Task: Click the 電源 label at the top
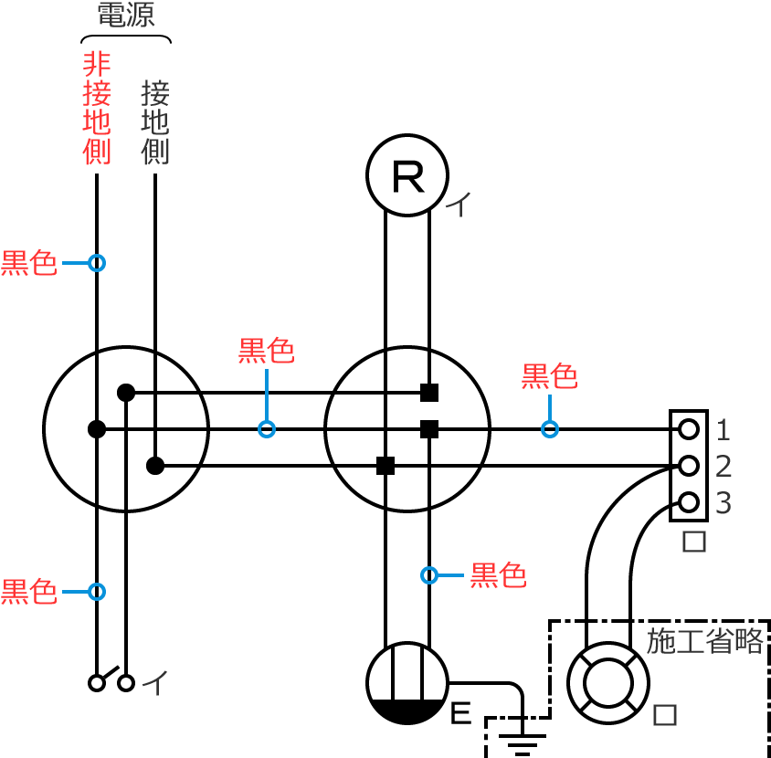pos(126,16)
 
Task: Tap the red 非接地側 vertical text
pos(97,108)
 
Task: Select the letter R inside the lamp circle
pos(407,176)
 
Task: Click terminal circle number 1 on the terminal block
pos(689,428)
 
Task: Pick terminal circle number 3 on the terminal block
pos(689,501)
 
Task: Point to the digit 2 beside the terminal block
pos(723,467)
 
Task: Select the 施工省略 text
pos(704,641)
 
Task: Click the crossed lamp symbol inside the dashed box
pos(608,682)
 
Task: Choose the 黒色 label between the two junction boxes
pos(267,351)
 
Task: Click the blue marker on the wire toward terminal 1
pos(549,428)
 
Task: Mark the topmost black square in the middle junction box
pos(428,393)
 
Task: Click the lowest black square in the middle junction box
pos(385,466)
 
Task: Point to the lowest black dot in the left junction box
pos(155,466)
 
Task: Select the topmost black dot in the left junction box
pos(126,393)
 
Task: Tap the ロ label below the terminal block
pos(695,542)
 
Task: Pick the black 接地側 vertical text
pos(155,121)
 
